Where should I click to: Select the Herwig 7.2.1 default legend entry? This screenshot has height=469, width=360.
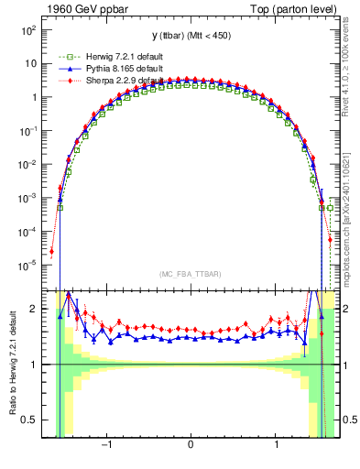(x=104, y=55)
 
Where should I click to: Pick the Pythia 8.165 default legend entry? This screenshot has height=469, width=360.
(x=103, y=68)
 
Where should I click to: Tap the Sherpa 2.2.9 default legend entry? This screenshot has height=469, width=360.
(x=103, y=80)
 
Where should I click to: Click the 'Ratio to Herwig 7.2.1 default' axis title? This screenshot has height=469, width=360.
(x=12, y=366)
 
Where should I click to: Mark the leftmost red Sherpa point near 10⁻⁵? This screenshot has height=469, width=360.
(x=52, y=251)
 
